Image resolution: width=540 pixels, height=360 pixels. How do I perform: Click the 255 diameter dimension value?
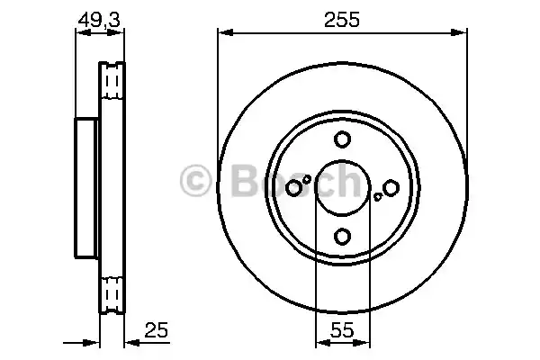point(342,20)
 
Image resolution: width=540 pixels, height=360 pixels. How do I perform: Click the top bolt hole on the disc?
point(342,139)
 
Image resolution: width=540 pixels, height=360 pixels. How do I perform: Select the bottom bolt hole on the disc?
point(342,236)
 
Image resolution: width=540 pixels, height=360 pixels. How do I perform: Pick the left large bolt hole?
point(294,187)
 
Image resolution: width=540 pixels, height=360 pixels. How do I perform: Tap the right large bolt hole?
point(391,187)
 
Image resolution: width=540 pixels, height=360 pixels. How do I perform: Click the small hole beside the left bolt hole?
point(307,179)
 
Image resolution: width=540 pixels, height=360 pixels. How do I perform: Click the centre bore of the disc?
point(342,187)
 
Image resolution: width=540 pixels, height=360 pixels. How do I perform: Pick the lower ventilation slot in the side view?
point(112,292)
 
